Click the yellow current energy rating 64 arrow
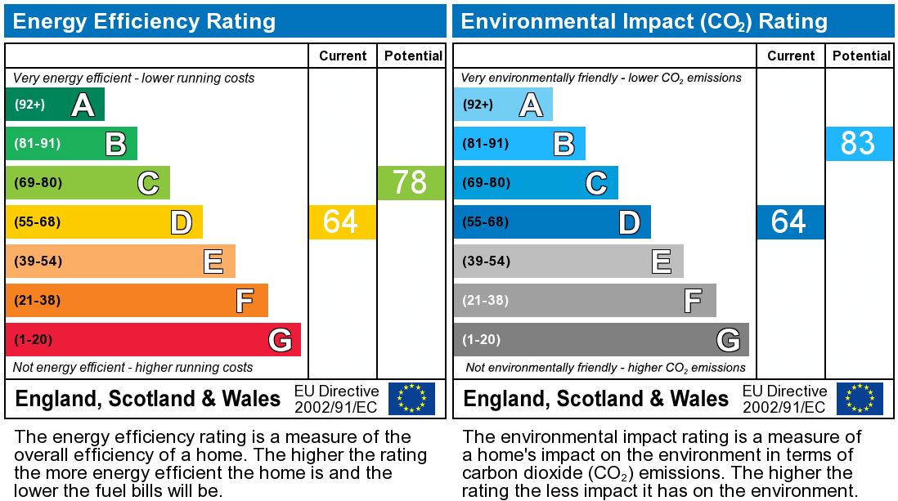[x=342, y=222]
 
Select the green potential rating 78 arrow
[x=411, y=183]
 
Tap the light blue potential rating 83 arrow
[x=859, y=144]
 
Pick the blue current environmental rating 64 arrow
[x=790, y=222]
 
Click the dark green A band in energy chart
[x=55, y=105]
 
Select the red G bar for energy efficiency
[x=153, y=340]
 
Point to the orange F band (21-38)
[x=137, y=301]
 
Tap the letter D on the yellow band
[x=181, y=222]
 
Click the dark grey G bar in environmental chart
[x=601, y=340]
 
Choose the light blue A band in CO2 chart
[x=503, y=105]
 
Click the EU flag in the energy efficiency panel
[x=411, y=399]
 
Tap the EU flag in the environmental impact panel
[x=860, y=399]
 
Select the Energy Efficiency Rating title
[x=144, y=21]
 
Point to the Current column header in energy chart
[x=343, y=56]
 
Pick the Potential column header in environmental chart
[x=861, y=56]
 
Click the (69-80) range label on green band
[x=38, y=183]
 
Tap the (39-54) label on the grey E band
[x=486, y=262]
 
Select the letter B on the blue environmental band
[x=563, y=144]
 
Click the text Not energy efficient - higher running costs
[x=133, y=368]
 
